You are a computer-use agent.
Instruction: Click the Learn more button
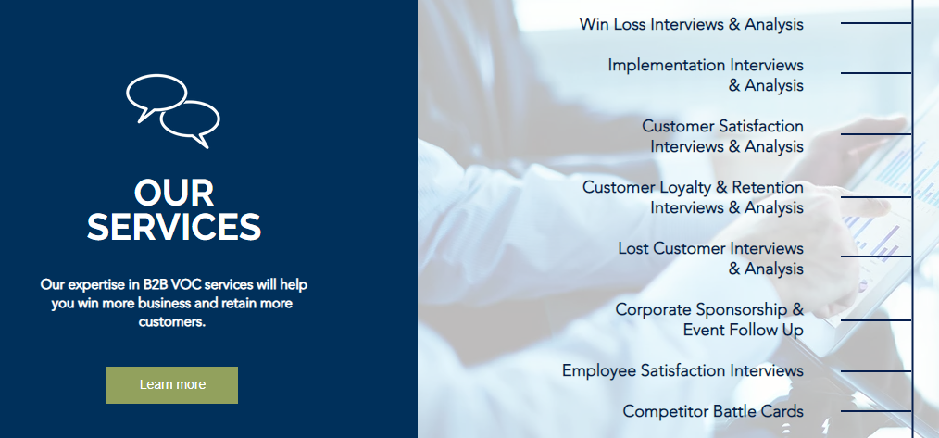point(172,384)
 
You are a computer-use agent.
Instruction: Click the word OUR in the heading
point(174,193)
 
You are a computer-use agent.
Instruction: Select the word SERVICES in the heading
point(174,227)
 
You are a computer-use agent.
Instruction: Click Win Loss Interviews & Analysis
point(691,25)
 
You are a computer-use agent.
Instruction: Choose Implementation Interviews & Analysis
point(706,75)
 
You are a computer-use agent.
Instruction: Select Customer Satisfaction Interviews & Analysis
point(723,136)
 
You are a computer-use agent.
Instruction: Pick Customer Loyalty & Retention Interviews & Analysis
point(693,197)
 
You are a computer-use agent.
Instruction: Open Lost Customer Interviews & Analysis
point(711,258)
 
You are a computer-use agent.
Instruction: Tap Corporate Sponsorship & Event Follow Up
point(709,320)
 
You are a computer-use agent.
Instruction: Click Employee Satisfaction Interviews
point(682,371)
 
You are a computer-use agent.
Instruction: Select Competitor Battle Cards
point(713,412)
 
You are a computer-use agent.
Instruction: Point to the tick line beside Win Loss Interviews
point(876,23)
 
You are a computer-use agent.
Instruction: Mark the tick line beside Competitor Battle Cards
point(876,411)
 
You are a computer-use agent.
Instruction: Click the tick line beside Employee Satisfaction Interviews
point(876,371)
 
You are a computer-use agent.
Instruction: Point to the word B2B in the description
point(156,284)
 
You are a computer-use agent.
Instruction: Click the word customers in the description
point(172,322)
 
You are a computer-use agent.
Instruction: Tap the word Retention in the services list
point(768,188)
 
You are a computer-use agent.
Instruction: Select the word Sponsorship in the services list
point(741,310)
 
